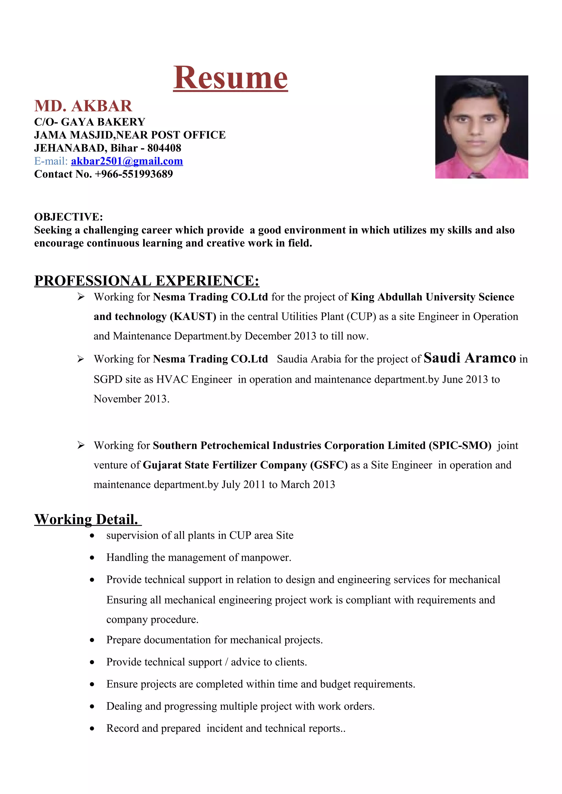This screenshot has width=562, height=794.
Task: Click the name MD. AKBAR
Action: tap(83, 106)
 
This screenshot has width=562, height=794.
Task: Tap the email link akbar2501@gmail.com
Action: tap(127, 161)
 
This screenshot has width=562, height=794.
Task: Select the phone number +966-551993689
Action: tap(134, 174)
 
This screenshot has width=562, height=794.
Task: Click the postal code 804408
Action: tap(164, 148)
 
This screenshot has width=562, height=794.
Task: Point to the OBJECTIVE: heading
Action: tap(69, 217)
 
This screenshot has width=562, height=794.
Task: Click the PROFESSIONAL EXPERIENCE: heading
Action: tap(147, 281)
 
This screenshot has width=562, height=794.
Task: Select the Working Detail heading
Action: tap(86, 519)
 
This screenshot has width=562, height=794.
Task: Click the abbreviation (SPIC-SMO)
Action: tap(460, 445)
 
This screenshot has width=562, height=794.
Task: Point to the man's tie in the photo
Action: tap(477, 175)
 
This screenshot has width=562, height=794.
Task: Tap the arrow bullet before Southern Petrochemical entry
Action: tap(81, 445)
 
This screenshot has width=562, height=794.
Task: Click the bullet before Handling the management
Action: tap(92, 558)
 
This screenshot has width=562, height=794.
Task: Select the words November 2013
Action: tap(131, 399)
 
